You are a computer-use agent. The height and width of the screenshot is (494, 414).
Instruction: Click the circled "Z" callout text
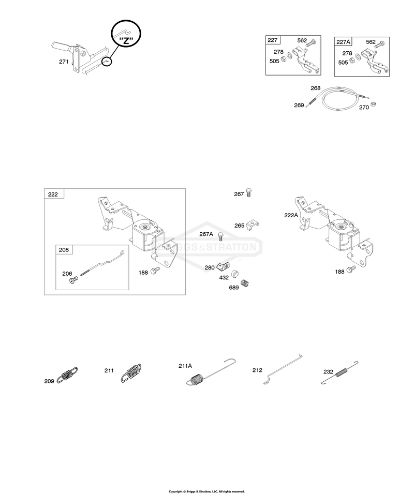click(126, 41)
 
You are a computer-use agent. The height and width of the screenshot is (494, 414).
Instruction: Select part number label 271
click(64, 62)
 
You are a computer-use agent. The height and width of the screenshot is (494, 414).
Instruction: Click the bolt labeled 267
click(249, 192)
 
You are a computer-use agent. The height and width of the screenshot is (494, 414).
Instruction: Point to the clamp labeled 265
click(253, 224)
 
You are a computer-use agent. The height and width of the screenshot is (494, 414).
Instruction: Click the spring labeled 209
click(67, 375)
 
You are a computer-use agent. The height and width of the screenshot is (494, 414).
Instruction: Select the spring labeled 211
click(131, 373)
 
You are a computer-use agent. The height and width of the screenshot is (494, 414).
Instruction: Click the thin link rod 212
click(283, 369)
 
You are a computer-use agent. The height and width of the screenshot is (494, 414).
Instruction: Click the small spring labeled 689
click(245, 283)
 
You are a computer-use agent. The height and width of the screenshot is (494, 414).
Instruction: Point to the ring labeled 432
click(235, 274)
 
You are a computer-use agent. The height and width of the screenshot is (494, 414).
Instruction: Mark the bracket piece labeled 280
click(223, 267)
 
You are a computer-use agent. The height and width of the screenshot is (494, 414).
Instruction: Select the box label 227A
click(343, 42)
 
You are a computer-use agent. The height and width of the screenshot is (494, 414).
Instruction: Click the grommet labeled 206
click(73, 280)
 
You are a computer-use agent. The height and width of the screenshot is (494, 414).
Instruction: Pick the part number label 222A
click(291, 215)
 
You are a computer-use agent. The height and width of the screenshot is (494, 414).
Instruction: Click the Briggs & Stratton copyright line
click(206, 491)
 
